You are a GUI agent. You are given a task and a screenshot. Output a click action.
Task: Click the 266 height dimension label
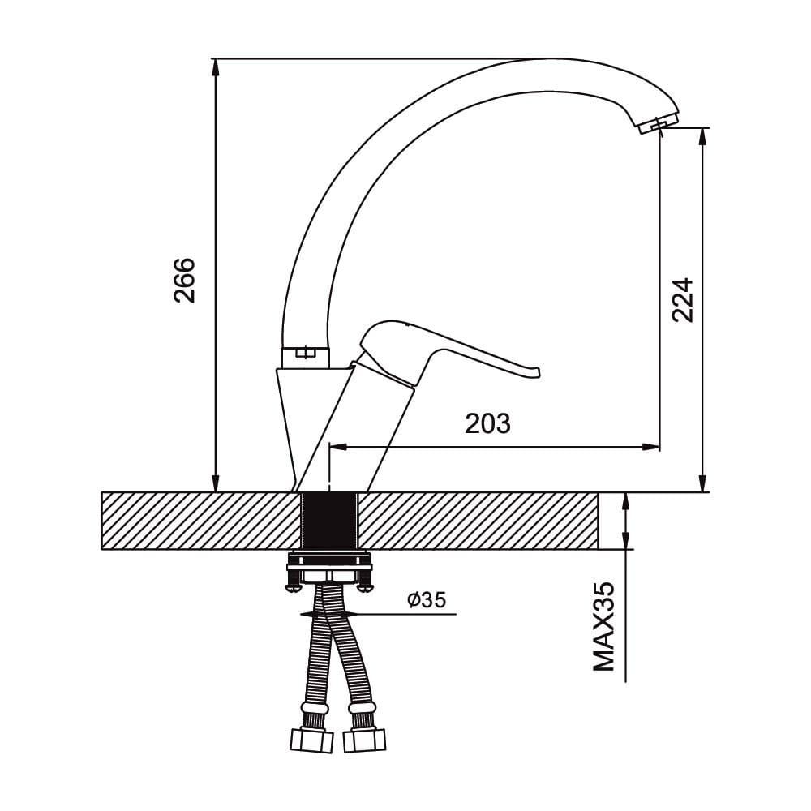[x=185, y=280]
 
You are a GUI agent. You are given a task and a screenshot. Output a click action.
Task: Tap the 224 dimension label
[x=682, y=301]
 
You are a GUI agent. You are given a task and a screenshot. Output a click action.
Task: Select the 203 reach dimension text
[x=487, y=423]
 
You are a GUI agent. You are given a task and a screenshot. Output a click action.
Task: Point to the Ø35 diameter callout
[x=427, y=599]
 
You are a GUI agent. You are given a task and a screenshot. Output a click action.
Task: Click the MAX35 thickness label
[x=603, y=626]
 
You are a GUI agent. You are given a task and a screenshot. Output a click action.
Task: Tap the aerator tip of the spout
[x=659, y=124]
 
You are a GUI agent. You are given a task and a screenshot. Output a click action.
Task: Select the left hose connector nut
[x=312, y=740]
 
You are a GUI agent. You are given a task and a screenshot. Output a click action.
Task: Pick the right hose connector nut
[x=364, y=740]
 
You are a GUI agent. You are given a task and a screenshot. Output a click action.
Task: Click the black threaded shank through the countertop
[x=329, y=521]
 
